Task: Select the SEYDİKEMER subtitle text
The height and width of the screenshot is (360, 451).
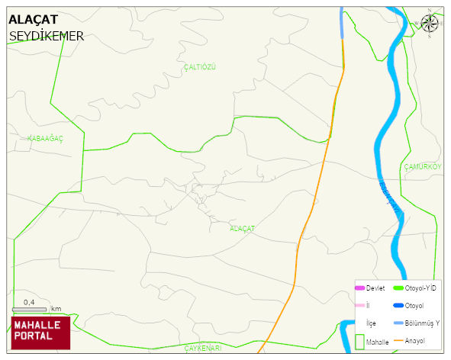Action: [x=47, y=36]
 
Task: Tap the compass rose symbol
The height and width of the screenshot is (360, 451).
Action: [x=430, y=23]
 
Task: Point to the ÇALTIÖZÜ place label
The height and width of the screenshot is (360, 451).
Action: [x=200, y=67]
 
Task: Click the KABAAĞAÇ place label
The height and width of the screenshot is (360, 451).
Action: [x=45, y=138]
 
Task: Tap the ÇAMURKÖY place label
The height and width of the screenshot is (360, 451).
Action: [x=422, y=166]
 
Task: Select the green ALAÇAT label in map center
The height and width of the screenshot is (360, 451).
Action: [x=242, y=228]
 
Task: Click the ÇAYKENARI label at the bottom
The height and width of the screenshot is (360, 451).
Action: [x=202, y=348]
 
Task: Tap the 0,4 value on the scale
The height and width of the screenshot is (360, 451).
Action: [x=29, y=302]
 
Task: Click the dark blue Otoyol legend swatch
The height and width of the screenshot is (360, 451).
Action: [x=398, y=306]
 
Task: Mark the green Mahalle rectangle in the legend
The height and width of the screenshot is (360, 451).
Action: [x=359, y=342]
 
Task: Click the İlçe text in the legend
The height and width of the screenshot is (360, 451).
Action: [x=371, y=323]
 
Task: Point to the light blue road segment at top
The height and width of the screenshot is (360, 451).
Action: [x=343, y=23]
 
